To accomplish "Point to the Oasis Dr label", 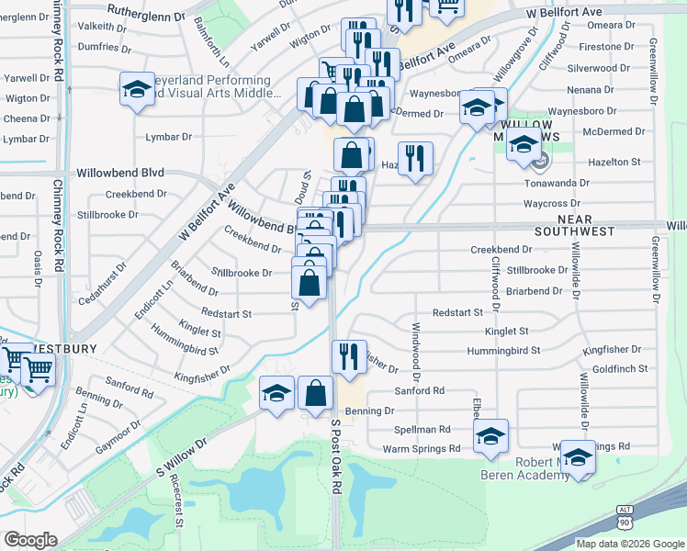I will click(39, 267).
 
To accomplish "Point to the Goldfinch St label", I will click(620, 368).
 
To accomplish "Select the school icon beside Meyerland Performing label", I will click(137, 90).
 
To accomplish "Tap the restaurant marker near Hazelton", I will click(415, 158).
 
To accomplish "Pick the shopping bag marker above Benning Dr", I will click(315, 393).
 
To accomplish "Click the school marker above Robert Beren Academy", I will click(579, 457).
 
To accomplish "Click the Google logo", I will click(31, 539).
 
